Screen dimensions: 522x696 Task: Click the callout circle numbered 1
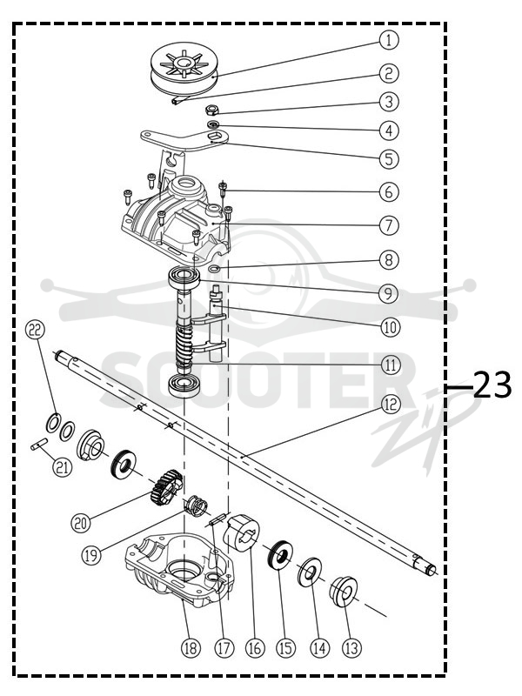(x=389, y=39)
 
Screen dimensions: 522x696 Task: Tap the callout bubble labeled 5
(x=389, y=158)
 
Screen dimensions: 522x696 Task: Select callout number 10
(x=390, y=327)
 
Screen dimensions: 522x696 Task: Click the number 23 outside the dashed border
(x=492, y=385)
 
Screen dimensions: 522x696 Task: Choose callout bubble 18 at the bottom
(x=191, y=648)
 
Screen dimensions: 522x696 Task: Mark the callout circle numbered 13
(x=351, y=648)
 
